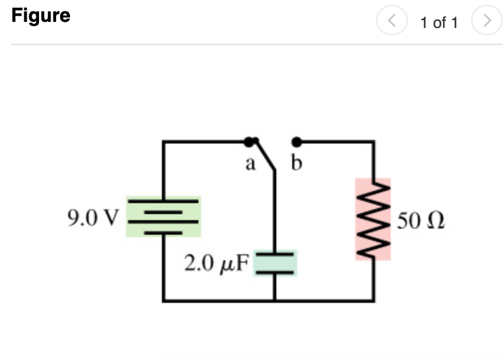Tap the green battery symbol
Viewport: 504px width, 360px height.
pos(163,216)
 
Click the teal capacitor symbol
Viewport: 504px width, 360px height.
pos(275,262)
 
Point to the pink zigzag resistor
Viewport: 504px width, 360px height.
pos(373,219)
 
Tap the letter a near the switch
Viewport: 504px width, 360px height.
pos(250,163)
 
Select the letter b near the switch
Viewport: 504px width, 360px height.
pos(297,163)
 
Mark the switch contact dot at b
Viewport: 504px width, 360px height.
pos(296,142)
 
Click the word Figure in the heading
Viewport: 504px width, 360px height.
pos(41,15)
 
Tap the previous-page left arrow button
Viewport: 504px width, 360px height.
pos(391,22)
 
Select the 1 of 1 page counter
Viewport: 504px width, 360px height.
pos(438,22)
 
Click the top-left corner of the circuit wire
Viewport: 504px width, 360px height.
pos(163,142)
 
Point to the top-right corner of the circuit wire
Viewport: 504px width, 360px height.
pos(373,142)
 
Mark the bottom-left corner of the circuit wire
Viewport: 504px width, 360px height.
pos(163,300)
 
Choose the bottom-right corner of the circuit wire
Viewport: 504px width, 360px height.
pos(373,300)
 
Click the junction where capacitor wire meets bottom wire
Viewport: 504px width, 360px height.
pos(275,300)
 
